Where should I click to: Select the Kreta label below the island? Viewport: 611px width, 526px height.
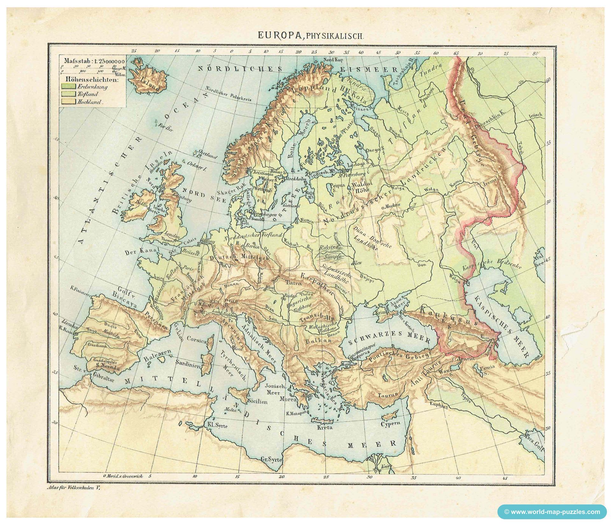325,427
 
